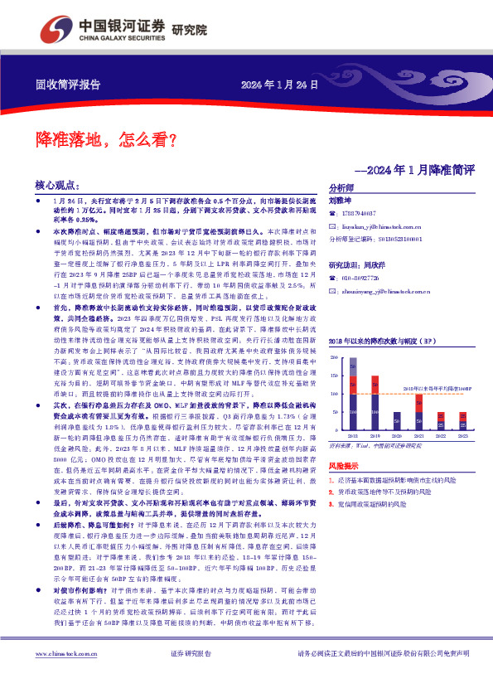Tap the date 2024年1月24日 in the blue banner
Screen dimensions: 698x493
(x=279, y=85)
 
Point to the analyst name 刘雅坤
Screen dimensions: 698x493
(x=341, y=201)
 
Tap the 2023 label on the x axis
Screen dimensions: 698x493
(x=463, y=434)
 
